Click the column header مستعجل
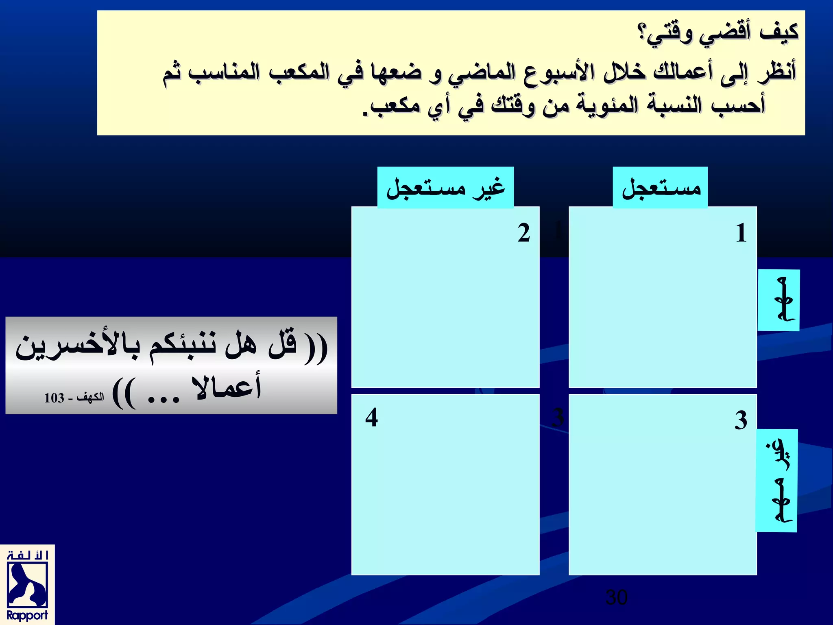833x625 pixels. click(x=661, y=188)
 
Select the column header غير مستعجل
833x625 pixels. click(x=445, y=188)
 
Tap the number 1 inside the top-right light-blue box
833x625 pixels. click(x=741, y=233)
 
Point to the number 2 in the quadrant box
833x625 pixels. click(x=523, y=233)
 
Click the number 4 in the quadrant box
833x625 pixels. click(x=371, y=417)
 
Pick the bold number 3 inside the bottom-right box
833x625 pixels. click(x=740, y=420)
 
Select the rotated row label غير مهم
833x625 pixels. click(x=780, y=481)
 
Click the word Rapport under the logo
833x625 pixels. click(x=27, y=615)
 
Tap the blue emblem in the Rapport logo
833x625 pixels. click(x=28, y=585)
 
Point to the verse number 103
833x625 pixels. click(x=54, y=398)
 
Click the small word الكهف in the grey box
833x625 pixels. click(x=90, y=397)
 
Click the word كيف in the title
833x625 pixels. click(x=778, y=31)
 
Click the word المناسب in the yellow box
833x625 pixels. click(x=224, y=72)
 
